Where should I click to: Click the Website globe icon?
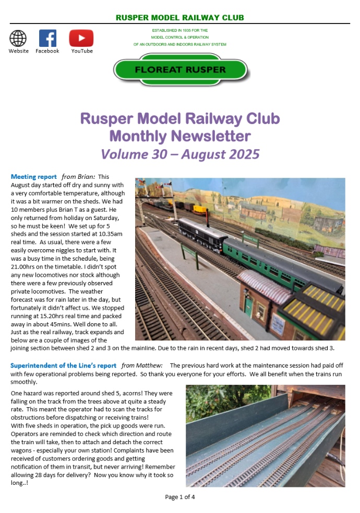coord(18,38)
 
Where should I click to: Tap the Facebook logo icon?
coord(47,38)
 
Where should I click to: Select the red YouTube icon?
coord(81,38)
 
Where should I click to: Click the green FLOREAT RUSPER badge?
coord(180,70)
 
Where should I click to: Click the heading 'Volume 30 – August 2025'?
coord(180,154)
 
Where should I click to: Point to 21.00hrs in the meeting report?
coord(24,267)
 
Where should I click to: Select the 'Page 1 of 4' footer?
coord(180,497)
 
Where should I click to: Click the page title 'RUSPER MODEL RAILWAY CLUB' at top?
coord(180,18)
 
